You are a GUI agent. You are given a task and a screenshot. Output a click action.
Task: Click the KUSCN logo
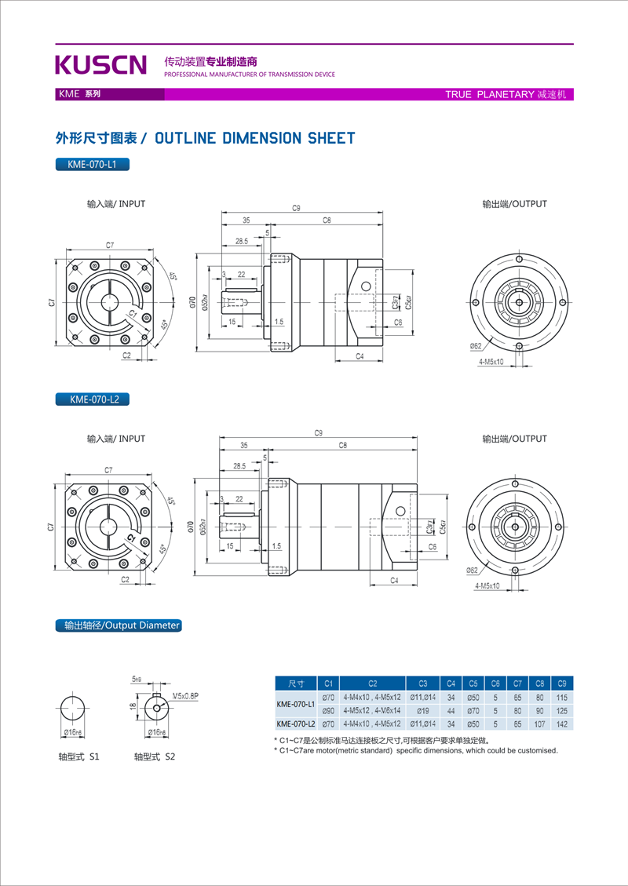coord(100,64)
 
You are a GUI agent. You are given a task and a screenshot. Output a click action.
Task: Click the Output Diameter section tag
coord(119,625)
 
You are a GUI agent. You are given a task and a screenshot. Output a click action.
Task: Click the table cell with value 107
coord(539,724)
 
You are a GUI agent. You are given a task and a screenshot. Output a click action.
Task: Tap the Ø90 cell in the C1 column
coord(329,710)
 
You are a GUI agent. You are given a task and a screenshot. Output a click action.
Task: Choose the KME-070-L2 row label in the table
coord(295,724)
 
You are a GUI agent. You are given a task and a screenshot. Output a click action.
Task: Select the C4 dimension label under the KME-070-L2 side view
coord(394,580)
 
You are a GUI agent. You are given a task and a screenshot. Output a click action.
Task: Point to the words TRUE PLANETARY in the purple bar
coord(489,94)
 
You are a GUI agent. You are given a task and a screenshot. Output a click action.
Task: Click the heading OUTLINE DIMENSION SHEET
coord(254,139)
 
